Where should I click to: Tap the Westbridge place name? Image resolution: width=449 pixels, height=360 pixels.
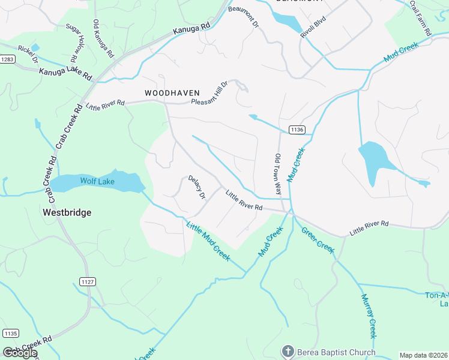(x=67, y=212)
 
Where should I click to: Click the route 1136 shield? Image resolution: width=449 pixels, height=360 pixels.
(x=297, y=130)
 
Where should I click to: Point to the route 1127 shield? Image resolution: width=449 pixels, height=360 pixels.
(x=86, y=281)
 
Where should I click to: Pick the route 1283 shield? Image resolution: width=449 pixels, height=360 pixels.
(x=8, y=59)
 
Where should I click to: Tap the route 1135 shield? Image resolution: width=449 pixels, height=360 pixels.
(x=10, y=334)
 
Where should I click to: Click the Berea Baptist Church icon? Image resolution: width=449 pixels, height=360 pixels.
(x=288, y=352)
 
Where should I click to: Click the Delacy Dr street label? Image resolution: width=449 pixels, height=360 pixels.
(x=197, y=187)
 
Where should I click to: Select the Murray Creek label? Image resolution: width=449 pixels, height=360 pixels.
(x=369, y=316)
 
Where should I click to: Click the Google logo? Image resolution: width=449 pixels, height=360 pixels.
(x=20, y=352)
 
